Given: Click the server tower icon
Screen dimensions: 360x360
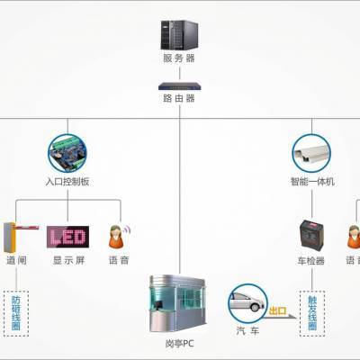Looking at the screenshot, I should [x=179, y=34].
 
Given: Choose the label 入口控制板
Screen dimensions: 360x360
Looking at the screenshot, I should [x=69, y=181].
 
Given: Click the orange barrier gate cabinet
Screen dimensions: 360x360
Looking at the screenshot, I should [x=12, y=236].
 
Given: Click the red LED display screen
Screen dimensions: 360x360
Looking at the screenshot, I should [x=67, y=236].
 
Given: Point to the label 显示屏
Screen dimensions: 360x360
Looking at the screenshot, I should [x=67, y=260].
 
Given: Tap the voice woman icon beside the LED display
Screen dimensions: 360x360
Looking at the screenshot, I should [x=118, y=236].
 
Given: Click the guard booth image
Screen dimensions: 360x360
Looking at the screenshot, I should [x=178, y=296].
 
